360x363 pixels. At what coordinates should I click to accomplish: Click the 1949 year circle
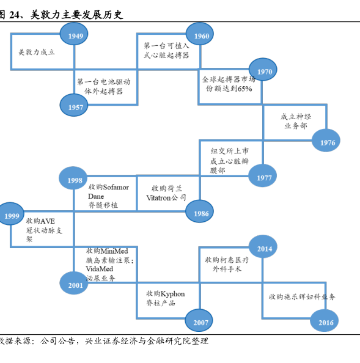click(x=74, y=34)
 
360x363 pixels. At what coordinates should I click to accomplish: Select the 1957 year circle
click(x=74, y=105)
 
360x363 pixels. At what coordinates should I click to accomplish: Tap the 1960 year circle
click(x=200, y=34)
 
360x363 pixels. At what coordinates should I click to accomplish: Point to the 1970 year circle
click(x=263, y=70)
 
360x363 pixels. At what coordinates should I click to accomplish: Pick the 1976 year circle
click(x=326, y=141)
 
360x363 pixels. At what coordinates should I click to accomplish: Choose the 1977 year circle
click(x=263, y=176)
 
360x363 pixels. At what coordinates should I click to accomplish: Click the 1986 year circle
click(x=200, y=211)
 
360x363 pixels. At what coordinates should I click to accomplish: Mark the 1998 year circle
click(x=73, y=178)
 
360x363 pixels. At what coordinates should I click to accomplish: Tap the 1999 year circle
click(x=10, y=214)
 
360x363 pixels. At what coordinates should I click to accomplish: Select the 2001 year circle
click(x=74, y=283)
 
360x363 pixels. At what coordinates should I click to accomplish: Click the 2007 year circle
click(x=199, y=320)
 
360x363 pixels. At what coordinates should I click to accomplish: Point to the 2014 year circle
click(x=263, y=246)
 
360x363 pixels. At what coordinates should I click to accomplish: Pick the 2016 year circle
click(x=325, y=320)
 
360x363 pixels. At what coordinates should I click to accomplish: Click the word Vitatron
click(x=158, y=198)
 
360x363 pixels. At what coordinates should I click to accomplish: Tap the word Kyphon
click(x=173, y=294)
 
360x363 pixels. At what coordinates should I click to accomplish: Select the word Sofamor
click(x=116, y=187)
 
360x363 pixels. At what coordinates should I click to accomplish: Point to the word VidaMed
click(x=99, y=269)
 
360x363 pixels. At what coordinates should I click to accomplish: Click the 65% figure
click(x=244, y=89)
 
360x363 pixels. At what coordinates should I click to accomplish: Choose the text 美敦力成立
click(x=37, y=53)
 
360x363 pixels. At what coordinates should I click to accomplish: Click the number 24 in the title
click(x=15, y=15)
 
